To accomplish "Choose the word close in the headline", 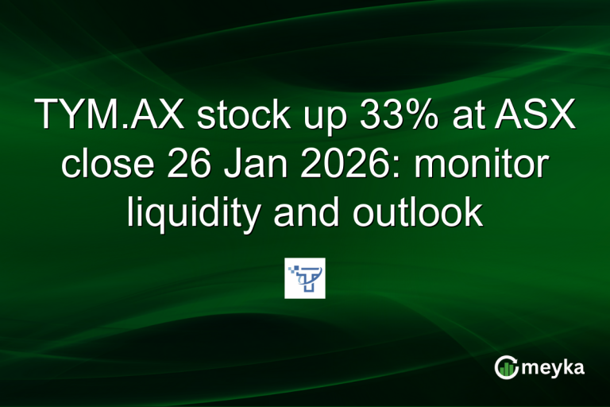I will [102, 165].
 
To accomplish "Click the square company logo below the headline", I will [305, 278].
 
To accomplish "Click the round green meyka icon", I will [506, 367].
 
